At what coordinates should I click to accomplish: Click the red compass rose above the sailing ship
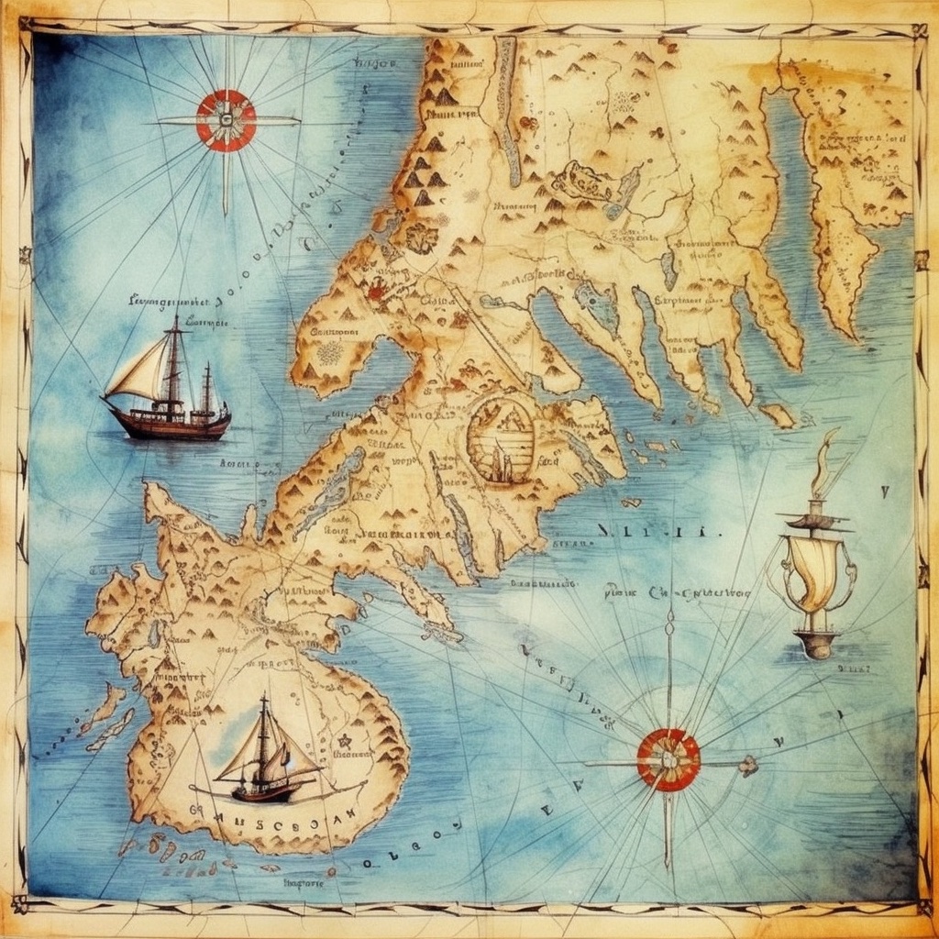(226, 120)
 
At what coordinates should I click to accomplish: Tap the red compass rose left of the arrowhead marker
(668, 759)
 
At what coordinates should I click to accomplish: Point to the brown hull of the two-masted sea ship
(169, 425)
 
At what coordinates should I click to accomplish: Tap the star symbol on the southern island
(346, 741)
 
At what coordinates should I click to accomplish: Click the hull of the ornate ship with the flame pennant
(817, 642)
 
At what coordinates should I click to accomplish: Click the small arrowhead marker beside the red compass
(749, 765)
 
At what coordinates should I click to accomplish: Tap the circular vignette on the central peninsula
(501, 439)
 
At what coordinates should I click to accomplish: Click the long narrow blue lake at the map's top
(506, 110)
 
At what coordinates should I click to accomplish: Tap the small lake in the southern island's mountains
(155, 634)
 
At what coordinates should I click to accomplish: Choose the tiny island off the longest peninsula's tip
(779, 416)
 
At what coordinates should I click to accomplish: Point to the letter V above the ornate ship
(884, 492)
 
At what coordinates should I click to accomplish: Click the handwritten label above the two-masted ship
(174, 301)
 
